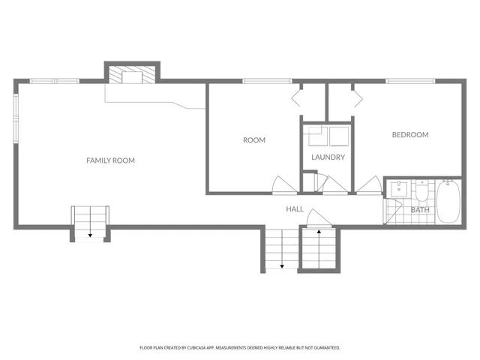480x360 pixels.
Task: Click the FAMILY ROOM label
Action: point(110,160)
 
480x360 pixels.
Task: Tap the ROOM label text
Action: point(254,140)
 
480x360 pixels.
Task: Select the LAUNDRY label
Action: point(328,157)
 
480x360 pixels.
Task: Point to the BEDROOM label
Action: point(410,135)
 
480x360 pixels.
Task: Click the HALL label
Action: point(295,209)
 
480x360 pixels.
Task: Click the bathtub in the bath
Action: point(448,201)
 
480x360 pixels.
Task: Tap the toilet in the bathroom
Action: point(422,194)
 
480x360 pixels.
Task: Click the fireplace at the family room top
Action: point(132,75)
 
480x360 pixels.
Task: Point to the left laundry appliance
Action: point(315,137)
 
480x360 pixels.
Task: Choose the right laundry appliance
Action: point(340,137)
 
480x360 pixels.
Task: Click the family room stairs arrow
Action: point(91,235)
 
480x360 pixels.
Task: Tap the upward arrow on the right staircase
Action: point(319,233)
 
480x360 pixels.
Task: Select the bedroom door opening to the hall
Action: point(370,184)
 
